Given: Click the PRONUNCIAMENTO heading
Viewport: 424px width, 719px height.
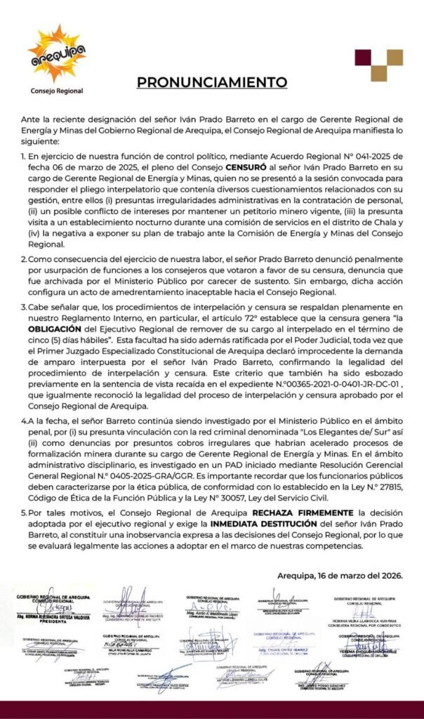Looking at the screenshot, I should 211,82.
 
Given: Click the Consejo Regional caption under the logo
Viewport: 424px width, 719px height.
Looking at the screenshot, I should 56,91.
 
